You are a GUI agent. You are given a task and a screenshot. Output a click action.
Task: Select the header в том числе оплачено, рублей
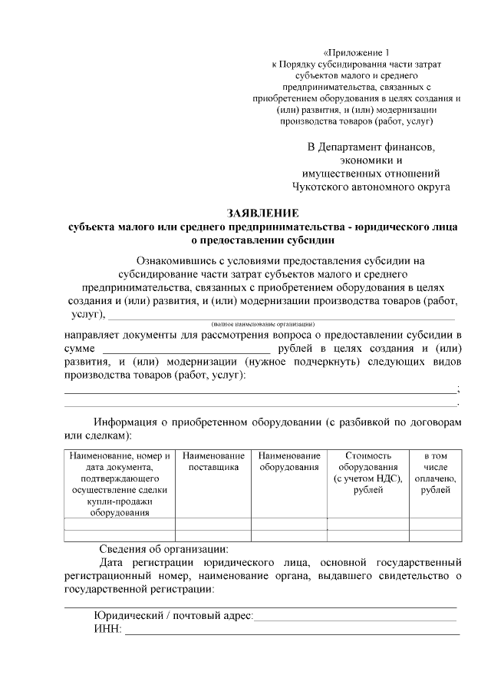pyautogui.click(x=435, y=472)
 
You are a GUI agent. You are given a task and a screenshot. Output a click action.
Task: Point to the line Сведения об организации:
pyautogui.click(x=163, y=549)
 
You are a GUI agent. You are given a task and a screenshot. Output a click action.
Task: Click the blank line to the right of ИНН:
pyautogui.click(x=292, y=633)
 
